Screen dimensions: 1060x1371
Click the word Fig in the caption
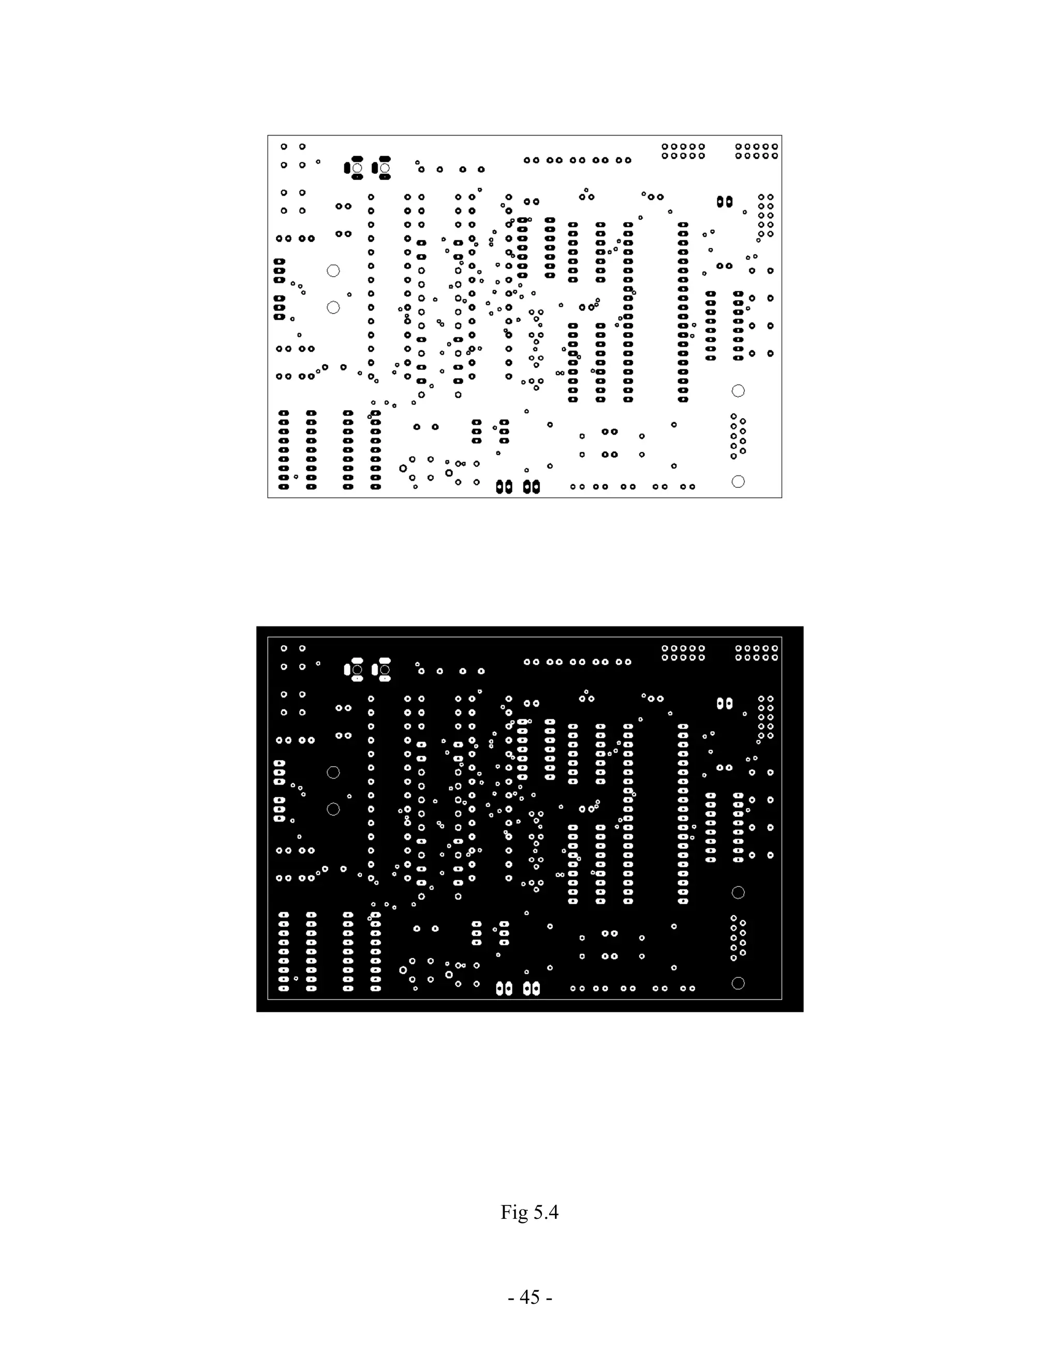(513, 1212)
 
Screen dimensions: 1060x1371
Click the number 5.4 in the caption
(545, 1212)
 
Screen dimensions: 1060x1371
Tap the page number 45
(530, 1298)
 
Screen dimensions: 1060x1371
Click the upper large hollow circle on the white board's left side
(333, 271)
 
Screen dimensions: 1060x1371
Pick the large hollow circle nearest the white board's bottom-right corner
(739, 482)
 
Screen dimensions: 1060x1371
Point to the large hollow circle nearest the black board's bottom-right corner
(739, 983)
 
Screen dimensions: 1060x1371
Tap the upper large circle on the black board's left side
(333, 772)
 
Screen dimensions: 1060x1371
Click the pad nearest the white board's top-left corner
(284, 147)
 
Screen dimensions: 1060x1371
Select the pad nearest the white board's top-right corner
(774, 147)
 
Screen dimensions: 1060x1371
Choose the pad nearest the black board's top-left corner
(284, 648)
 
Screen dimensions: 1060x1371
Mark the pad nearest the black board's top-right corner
(774, 648)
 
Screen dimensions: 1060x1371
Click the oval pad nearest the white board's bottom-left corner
(284, 486)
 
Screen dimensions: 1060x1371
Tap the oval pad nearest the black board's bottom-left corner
(284, 988)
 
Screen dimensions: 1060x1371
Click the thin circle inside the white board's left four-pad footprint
(357, 168)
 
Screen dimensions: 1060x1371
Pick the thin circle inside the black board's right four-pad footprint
(385, 670)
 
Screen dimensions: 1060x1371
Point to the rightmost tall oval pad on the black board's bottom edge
(536, 988)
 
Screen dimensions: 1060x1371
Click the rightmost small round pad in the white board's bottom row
(692, 486)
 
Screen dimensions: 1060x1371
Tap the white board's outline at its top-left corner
(268, 136)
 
